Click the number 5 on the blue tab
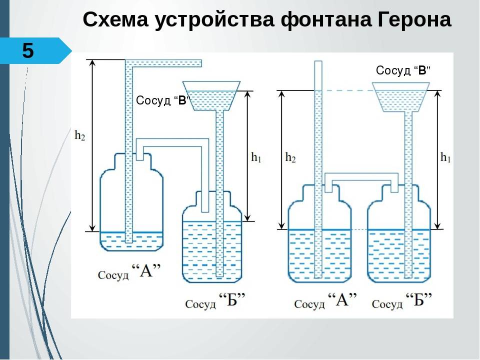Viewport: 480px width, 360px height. (x=28, y=51)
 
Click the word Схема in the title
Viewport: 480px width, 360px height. (x=116, y=20)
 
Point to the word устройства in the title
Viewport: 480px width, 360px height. (x=216, y=21)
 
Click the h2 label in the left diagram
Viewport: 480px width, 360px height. (x=79, y=135)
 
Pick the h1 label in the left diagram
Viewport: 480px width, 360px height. (x=256, y=157)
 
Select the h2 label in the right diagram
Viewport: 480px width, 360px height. (x=290, y=157)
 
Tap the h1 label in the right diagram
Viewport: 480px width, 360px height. (x=445, y=157)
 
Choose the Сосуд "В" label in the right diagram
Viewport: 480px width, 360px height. (x=403, y=70)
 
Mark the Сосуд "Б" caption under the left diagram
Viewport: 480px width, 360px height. (x=215, y=302)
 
